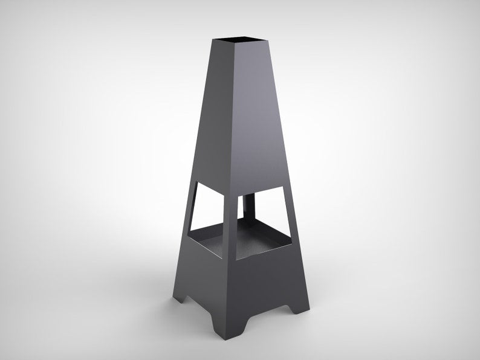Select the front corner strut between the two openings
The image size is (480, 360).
pyautogui.click(x=230, y=223)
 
